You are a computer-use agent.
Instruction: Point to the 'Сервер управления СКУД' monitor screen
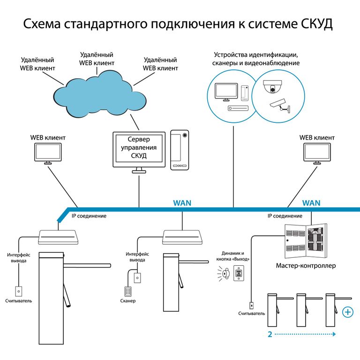(139, 148)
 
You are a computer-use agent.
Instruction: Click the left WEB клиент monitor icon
(48, 153)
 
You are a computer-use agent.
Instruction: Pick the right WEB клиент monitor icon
(317, 153)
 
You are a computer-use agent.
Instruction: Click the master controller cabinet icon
(305, 239)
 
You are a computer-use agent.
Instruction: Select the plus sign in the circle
(348, 312)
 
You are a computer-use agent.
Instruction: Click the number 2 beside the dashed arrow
(270, 335)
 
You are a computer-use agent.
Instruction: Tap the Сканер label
(127, 301)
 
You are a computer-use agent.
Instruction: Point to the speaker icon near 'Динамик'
(226, 274)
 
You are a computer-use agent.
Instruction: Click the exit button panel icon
(239, 274)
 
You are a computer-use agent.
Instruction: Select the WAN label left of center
(182, 203)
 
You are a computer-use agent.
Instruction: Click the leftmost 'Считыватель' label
(19, 301)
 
